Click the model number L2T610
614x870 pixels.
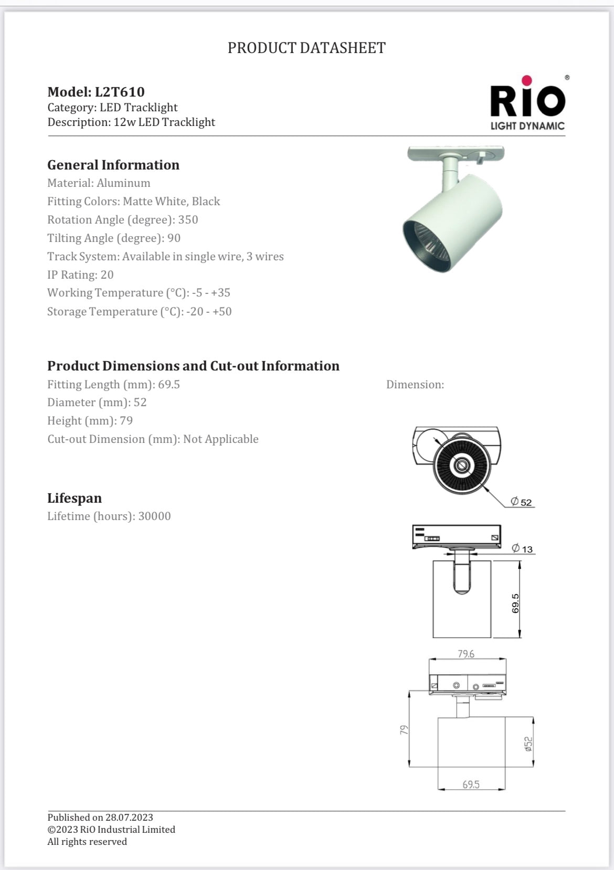click(120, 92)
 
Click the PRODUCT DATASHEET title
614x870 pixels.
click(306, 48)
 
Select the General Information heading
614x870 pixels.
click(113, 165)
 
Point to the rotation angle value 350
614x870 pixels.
click(188, 220)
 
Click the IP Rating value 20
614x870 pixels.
click(107, 275)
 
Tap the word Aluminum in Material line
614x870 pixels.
click(123, 183)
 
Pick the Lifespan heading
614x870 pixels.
click(75, 498)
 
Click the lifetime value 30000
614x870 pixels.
click(154, 516)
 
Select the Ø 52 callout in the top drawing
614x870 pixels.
click(522, 502)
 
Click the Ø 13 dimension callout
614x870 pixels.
click(523, 549)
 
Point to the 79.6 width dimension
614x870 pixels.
click(466, 654)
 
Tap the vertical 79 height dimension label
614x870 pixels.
click(404, 730)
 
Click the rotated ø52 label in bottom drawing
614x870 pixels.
click(528, 744)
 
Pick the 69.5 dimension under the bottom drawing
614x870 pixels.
click(471, 784)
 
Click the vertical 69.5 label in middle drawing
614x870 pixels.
click(515, 603)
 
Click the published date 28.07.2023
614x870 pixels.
click(129, 818)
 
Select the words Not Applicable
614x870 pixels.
click(220, 439)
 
